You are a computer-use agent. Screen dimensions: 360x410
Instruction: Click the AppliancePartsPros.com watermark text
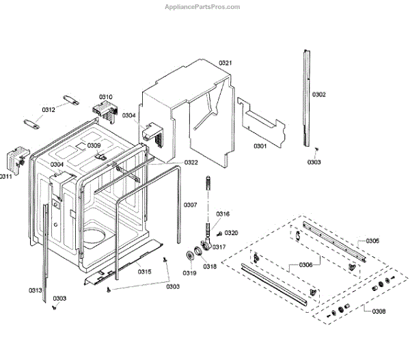pyautogui.click(x=203, y=7)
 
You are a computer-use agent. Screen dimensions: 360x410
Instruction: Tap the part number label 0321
pyautogui.click(x=226, y=63)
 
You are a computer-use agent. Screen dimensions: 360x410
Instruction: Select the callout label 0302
pyautogui.click(x=319, y=94)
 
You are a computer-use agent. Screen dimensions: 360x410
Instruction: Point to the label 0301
pyautogui.click(x=260, y=146)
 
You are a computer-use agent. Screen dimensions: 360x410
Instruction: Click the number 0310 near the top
pyautogui.click(x=106, y=97)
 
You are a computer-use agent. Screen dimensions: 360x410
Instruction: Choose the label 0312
pyautogui.click(x=49, y=109)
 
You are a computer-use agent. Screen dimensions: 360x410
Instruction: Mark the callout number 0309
pyautogui.click(x=94, y=146)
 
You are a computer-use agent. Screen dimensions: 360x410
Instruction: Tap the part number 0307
pyautogui.click(x=191, y=205)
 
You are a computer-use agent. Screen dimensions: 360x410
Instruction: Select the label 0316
pyautogui.click(x=223, y=214)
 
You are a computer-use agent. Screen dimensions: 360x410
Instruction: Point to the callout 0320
pyautogui.click(x=232, y=233)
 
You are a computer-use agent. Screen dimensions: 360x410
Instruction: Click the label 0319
pyautogui.click(x=189, y=273)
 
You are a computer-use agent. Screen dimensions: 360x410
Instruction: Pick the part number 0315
pyautogui.click(x=144, y=271)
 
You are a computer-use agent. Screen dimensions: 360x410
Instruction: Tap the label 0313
pyautogui.click(x=36, y=290)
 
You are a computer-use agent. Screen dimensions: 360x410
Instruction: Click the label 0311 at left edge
pyautogui.click(x=6, y=176)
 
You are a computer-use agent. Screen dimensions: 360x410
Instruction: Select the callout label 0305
pyautogui.click(x=372, y=240)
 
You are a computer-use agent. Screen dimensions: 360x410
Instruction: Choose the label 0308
pyautogui.click(x=378, y=311)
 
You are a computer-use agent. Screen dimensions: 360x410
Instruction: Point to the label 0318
pyautogui.click(x=210, y=266)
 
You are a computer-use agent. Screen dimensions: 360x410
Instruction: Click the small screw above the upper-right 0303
pyautogui.click(x=317, y=150)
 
